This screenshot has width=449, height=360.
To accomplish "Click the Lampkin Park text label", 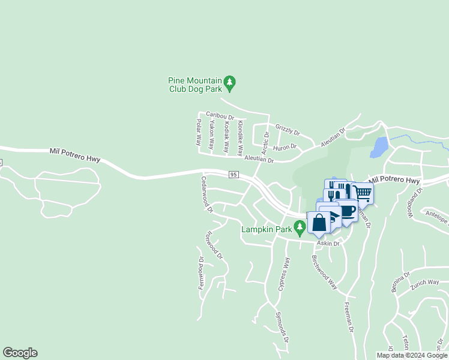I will [x=266, y=229].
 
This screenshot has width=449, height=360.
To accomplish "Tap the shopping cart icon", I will [x=362, y=193].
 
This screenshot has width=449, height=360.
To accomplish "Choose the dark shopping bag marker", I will [x=319, y=223].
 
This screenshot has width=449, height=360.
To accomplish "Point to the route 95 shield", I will [x=234, y=174].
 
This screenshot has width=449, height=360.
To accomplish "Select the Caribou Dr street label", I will [x=219, y=115].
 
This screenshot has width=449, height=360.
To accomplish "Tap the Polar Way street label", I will [x=198, y=133].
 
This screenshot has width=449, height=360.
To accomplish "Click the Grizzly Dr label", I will [x=287, y=129].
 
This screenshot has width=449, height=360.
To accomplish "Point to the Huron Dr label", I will [x=285, y=146].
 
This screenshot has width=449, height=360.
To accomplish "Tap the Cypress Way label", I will [x=284, y=274].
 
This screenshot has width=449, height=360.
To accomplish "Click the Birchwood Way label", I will [x=324, y=271].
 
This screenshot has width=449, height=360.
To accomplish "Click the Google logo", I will [x=20, y=353].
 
